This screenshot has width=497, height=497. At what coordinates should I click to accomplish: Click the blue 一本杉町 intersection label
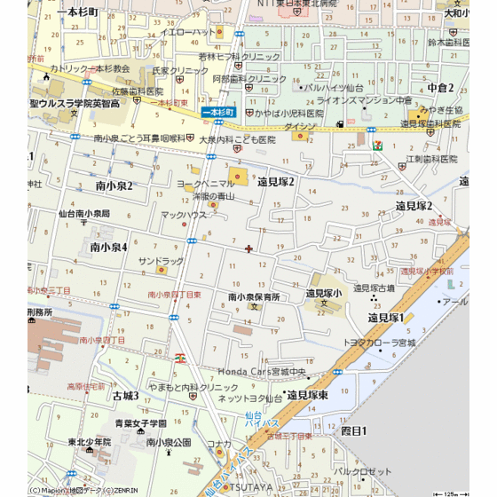pos(217,113)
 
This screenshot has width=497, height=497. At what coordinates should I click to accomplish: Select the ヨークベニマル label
pos(205,183)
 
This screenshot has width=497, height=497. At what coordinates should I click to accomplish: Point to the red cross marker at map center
pos(248,248)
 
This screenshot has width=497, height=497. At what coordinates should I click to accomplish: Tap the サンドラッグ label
pos(161,261)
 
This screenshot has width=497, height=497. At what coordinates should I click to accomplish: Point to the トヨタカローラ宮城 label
pos(380,342)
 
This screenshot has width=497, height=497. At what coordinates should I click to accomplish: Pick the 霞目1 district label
pos(353,430)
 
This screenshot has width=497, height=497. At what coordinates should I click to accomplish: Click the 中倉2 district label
pos(440,87)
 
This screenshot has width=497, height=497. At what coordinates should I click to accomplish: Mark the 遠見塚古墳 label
pos(374,288)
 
